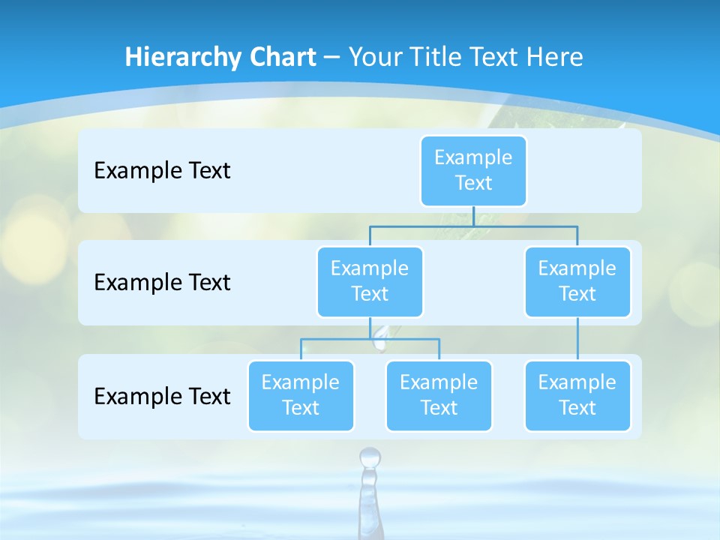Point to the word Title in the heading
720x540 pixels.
coord(440,57)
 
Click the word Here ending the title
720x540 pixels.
coord(554,57)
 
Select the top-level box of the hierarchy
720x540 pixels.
coord(473,170)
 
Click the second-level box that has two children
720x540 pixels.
coord(370,281)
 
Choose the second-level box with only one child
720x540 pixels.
coord(577,281)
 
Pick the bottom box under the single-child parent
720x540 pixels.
coord(577,395)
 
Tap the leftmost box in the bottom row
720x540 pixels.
coord(301,395)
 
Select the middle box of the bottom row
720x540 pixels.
coord(439,395)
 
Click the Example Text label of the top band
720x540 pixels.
coord(162,170)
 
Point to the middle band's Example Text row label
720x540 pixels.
coord(162,282)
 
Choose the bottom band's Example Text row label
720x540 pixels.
coord(162,396)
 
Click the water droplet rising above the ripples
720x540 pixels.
coord(370,457)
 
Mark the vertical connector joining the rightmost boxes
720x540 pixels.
coord(577,339)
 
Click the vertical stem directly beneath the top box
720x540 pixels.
coord(474,216)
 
